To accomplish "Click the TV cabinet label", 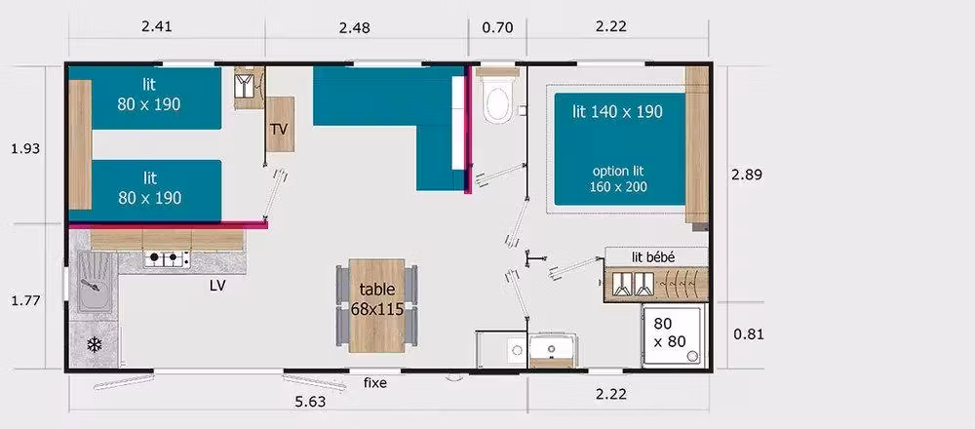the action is (279, 130).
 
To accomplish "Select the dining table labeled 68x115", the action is (376, 305).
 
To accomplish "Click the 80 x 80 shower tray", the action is (675, 335).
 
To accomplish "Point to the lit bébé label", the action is (653, 257).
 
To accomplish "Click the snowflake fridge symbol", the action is (94, 344).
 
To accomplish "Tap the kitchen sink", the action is (94, 282).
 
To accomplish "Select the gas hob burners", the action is (167, 259).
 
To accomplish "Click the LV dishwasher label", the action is (217, 286).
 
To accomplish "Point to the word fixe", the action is (375, 383).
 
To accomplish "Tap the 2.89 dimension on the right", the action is (747, 175).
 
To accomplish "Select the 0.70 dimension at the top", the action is (498, 27).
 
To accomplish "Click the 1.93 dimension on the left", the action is (25, 148).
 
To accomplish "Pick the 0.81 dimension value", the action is (749, 334).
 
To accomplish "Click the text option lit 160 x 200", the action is (618, 178).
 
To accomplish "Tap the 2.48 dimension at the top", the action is (355, 27).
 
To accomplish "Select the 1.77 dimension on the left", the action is (25, 301).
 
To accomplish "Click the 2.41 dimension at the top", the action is (157, 26).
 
